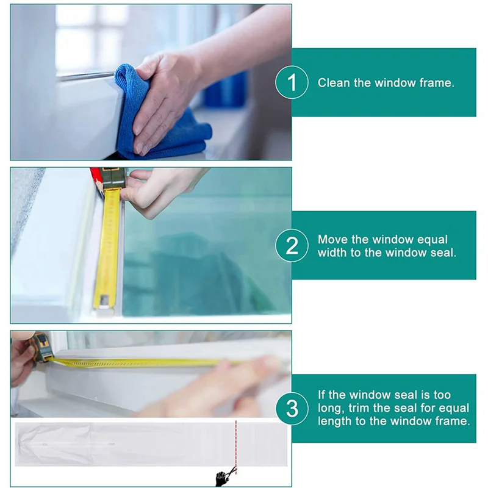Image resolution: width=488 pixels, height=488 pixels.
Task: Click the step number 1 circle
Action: (292, 82)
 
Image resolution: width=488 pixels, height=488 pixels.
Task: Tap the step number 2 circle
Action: (292, 246)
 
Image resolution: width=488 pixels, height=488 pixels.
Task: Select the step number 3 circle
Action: (292, 409)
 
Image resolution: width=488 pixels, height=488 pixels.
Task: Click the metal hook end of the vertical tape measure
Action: (104, 302)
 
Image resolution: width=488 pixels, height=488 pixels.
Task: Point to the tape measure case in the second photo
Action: (113, 178)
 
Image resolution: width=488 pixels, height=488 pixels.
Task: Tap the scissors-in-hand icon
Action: (225, 476)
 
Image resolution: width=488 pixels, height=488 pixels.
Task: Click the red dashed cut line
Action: (236, 448)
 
